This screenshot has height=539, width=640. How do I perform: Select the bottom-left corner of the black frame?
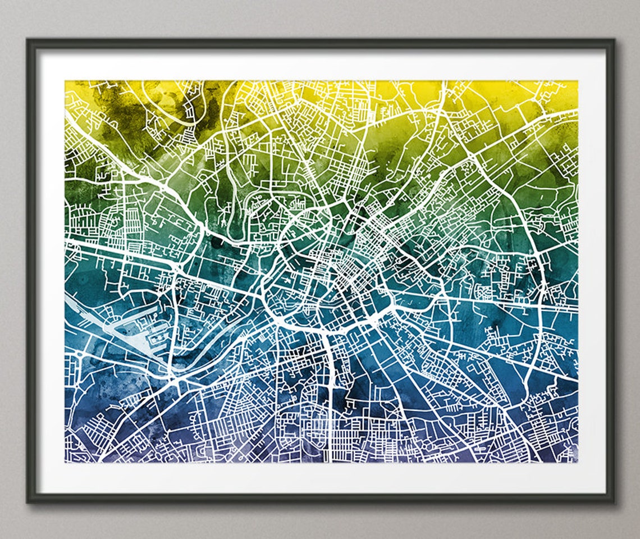(28, 501)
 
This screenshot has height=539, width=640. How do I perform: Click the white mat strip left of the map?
(51, 269)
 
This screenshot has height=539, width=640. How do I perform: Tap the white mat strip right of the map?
(592, 269)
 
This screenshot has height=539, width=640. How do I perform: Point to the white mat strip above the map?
(320, 64)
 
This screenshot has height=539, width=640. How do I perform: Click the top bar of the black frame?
(320, 43)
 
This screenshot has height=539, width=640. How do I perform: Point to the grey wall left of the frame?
(12, 269)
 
